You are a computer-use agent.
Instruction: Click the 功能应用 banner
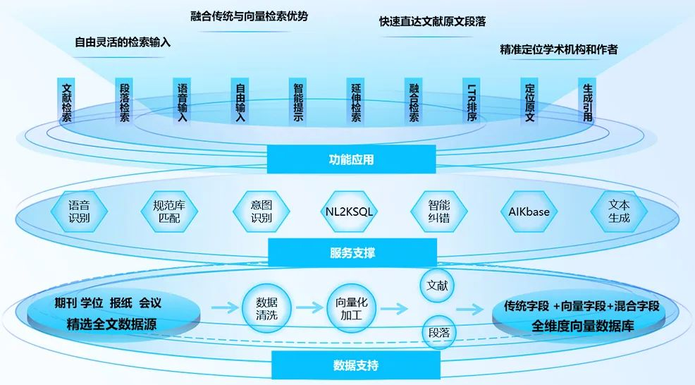351,159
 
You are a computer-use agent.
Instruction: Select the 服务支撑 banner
352,252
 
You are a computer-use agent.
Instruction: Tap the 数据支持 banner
356,365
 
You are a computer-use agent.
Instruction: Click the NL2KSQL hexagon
350,212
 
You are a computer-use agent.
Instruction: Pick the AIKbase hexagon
529,212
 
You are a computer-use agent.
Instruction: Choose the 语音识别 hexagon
79,212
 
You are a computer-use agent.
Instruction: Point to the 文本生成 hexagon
619,212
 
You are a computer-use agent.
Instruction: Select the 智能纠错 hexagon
439,212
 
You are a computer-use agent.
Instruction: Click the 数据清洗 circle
266,308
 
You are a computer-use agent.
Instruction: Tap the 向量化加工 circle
352,308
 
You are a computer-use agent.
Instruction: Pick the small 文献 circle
437,285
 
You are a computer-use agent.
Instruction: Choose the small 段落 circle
439,333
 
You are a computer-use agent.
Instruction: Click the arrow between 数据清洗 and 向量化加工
309,307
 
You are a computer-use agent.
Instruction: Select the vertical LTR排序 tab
471,102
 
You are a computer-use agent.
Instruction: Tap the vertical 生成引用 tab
587,102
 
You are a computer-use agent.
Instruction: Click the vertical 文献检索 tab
66,102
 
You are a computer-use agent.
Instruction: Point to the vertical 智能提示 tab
297,102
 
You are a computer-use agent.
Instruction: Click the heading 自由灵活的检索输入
123,42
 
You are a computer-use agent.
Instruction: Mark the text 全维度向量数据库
582,326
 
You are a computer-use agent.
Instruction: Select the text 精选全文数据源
111,324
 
